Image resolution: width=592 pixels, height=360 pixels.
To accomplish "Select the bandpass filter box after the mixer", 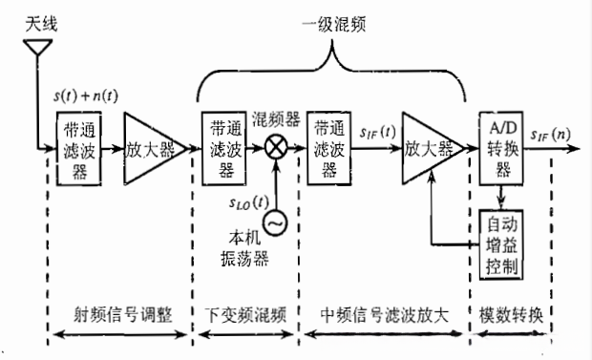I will point(330,148).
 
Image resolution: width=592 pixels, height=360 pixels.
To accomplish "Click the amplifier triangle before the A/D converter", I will point(429,149).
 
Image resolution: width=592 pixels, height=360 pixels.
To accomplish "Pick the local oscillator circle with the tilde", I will point(275,222).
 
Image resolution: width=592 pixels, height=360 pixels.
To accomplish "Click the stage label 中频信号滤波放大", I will point(387,316).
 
